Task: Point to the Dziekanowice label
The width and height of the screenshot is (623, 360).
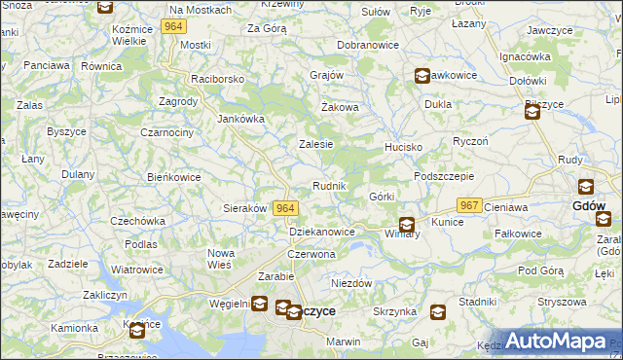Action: (322, 232)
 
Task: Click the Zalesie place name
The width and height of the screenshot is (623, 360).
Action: (315, 144)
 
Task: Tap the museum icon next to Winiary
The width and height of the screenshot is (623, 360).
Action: (407, 223)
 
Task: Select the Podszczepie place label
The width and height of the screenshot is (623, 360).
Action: (443, 176)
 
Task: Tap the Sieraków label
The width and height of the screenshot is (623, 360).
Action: (245, 208)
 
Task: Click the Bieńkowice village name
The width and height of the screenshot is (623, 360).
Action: (173, 178)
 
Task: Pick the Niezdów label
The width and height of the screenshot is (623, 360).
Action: (351, 283)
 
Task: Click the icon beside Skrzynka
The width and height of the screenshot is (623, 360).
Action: (438, 311)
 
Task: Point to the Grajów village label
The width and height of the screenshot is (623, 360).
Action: (327, 75)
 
